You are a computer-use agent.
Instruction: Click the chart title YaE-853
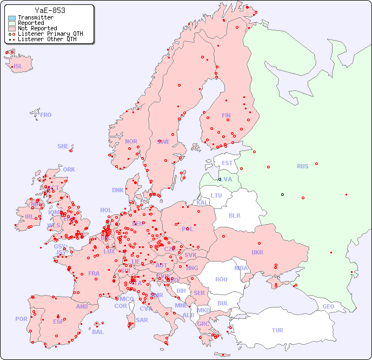[50, 10]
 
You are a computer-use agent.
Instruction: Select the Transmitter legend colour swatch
[12, 18]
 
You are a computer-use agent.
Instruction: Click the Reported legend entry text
[31, 23]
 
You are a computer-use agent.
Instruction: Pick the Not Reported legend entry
[37, 29]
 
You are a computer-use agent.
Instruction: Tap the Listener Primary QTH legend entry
[50, 34]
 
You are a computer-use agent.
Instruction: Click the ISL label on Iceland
[18, 67]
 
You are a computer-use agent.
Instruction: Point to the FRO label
[46, 115]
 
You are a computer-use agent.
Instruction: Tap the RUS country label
[302, 166]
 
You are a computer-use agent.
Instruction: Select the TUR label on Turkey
[277, 330]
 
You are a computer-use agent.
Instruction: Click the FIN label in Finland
[226, 115]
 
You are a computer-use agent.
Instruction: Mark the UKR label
[257, 252]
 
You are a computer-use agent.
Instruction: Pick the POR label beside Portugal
[21, 319]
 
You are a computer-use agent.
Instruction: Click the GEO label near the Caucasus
[328, 306]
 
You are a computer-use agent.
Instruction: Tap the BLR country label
[235, 215]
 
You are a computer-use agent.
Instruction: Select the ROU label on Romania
[221, 279]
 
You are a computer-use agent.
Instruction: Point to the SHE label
[63, 146]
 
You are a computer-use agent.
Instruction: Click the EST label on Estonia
[227, 163]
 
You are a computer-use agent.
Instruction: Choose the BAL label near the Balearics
[98, 332]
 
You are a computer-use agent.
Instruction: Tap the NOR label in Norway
[131, 141]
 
